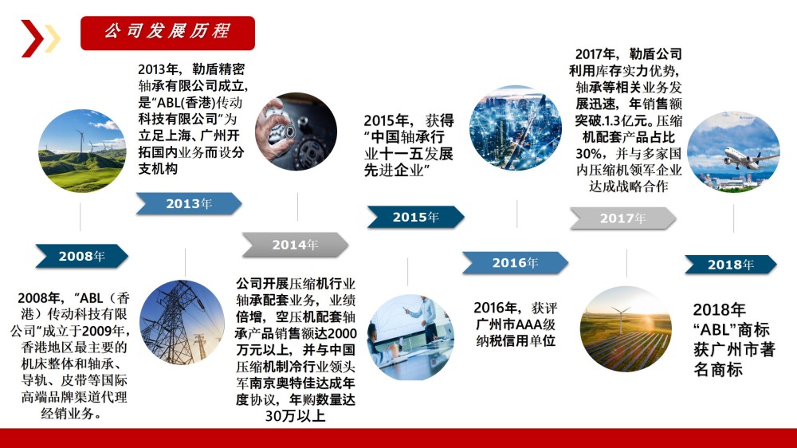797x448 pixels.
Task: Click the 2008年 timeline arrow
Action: click(81, 256)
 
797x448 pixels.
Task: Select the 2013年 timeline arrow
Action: click(189, 203)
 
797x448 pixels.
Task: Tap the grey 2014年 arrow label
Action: click(296, 245)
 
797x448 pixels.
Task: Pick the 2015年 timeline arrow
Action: click(415, 217)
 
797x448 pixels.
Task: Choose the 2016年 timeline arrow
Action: click(515, 263)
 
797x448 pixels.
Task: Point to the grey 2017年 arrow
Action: click(622, 218)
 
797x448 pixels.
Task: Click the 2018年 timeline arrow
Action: click(730, 265)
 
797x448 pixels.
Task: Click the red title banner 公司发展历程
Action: click(167, 33)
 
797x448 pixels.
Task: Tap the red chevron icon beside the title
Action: click(32, 38)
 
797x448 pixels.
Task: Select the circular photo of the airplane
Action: click(733, 152)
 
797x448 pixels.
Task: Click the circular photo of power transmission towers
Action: click(182, 322)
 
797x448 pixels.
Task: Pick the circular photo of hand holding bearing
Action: click(296, 132)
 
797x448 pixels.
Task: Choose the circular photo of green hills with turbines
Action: click(82, 151)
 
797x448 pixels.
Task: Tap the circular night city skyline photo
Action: click(516, 128)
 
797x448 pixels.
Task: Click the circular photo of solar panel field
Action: click(626, 329)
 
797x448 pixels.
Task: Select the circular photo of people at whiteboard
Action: click(410, 337)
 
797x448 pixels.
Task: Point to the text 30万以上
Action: click(296, 416)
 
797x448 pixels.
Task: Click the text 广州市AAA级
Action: click(516, 324)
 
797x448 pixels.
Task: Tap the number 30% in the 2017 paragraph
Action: click(590, 153)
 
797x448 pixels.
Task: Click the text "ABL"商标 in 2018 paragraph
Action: click(732, 329)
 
